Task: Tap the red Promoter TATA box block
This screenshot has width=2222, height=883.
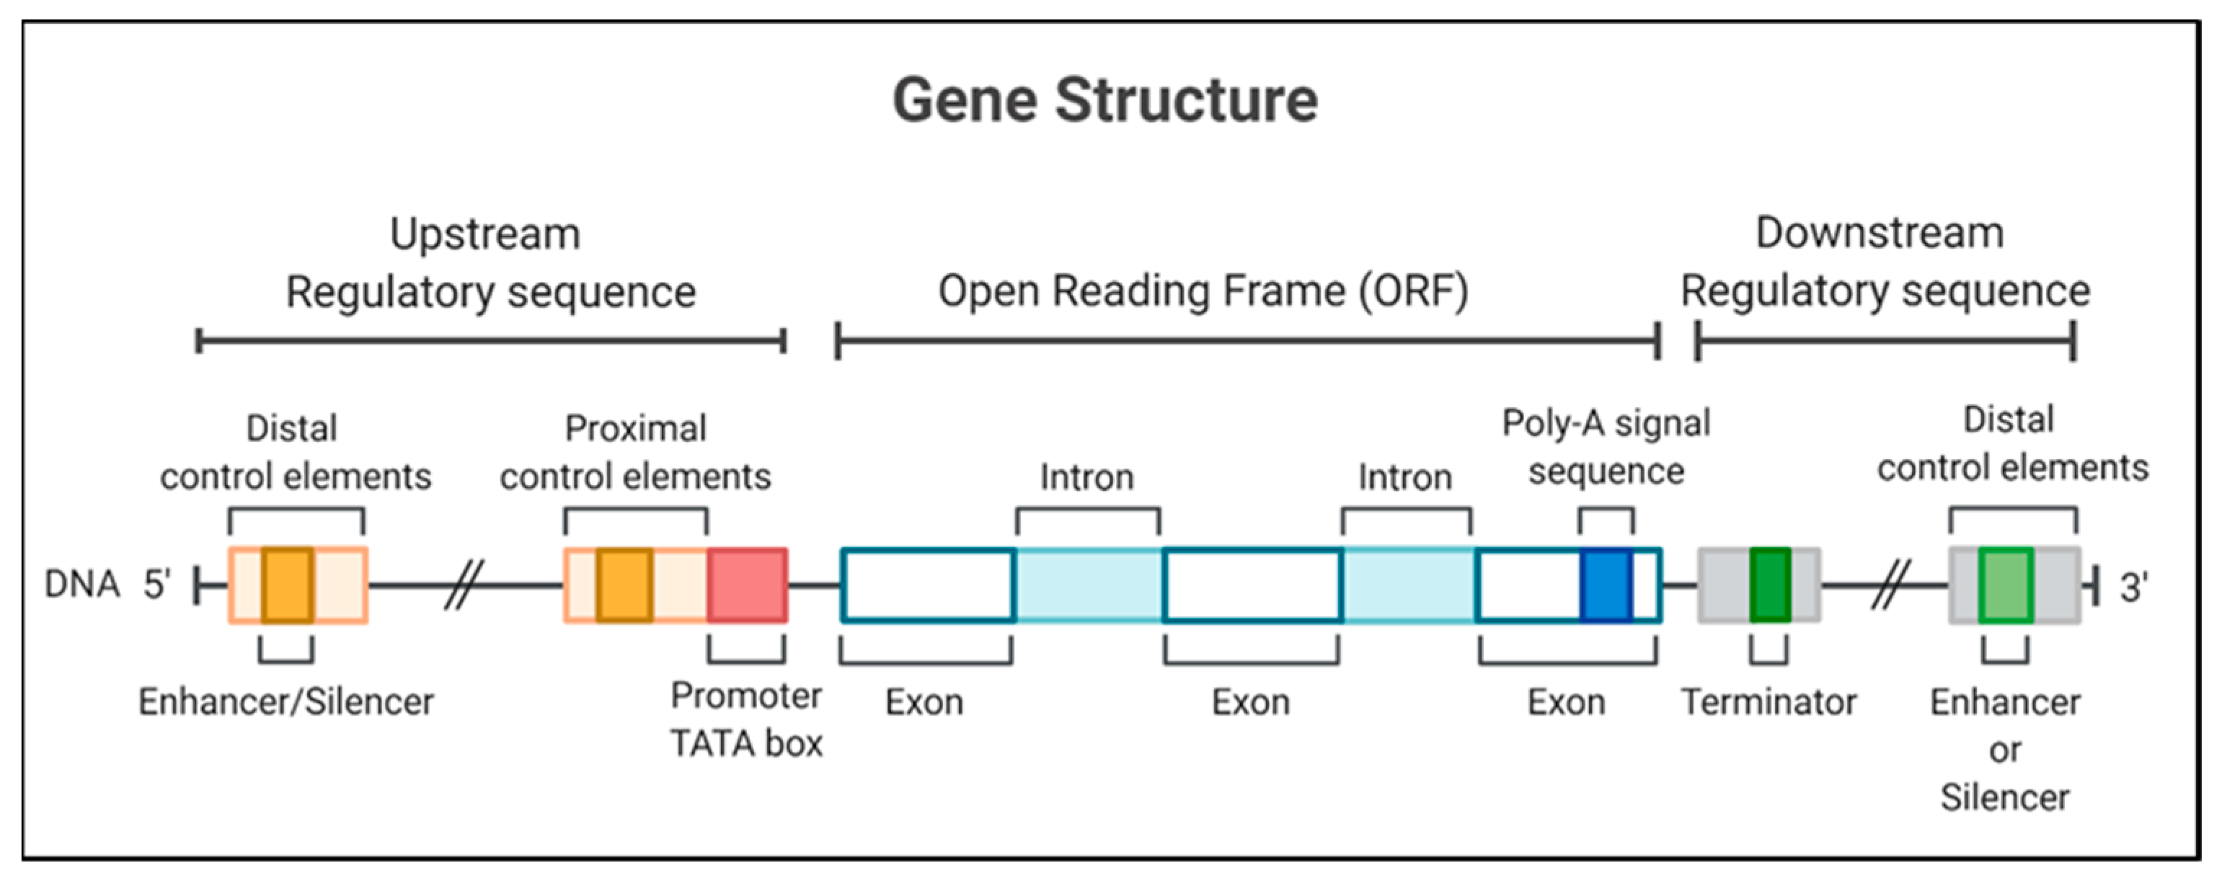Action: pyautogui.click(x=747, y=585)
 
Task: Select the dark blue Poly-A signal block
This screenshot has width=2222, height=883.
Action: pyautogui.click(x=1606, y=585)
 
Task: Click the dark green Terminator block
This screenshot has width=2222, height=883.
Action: pyautogui.click(x=1770, y=585)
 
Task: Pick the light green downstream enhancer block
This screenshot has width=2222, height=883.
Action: pyautogui.click(x=2006, y=585)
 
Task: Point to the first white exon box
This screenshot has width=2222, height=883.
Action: pyautogui.click(x=927, y=585)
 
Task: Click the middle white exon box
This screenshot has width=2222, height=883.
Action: pyautogui.click(x=1252, y=585)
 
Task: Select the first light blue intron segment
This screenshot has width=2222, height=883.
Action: pyautogui.click(x=1089, y=585)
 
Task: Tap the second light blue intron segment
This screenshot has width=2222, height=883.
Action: pyautogui.click(x=1409, y=585)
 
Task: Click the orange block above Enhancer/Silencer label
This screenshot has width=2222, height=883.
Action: pyautogui.click(x=287, y=585)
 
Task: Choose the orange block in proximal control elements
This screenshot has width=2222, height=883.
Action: pyautogui.click(x=624, y=585)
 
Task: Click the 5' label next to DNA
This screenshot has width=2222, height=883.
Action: pyautogui.click(x=157, y=585)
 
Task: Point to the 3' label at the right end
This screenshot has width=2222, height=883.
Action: pyautogui.click(x=2134, y=588)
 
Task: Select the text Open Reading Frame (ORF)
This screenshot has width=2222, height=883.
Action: pyautogui.click(x=1203, y=291)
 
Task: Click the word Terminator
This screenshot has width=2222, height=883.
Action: pyautogui.click(x=1769, y=702)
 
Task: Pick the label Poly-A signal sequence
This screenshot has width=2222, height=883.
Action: pyautogui.click(x=1606, y=447)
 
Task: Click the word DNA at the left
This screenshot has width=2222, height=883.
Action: pyautogui.click(x=82, y=585)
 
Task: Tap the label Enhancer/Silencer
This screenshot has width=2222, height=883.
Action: pyautogui.click(x=286, y=702)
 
